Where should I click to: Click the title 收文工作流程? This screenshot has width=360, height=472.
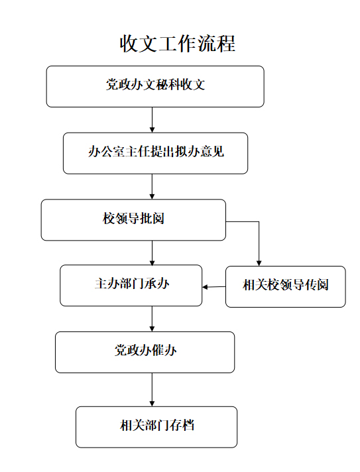coord(177,44)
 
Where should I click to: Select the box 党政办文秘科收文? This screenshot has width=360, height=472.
coord(155,86)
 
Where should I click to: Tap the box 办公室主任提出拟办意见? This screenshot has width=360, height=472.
coord(155,153)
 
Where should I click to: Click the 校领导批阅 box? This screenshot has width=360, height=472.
coord(133,219)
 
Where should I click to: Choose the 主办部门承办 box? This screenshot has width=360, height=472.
coord(131,285)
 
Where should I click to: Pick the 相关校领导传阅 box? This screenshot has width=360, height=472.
coord(286,286)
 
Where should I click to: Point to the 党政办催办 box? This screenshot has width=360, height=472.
coord(145,352)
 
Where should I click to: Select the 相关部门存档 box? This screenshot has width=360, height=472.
coord(156,427)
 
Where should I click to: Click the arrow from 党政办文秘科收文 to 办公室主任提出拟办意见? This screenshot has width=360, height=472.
coord(152,120)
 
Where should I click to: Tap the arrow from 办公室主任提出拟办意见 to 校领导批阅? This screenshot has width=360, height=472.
coord(152,187)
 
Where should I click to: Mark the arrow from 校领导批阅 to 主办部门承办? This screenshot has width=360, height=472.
coord(152,253)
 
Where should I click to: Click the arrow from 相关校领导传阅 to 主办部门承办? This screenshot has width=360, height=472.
coord(214,287)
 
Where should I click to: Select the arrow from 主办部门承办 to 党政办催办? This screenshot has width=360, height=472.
coord(152,319)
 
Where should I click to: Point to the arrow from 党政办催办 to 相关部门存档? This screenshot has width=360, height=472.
coord(152,390)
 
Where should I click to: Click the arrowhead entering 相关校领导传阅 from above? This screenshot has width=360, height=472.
coord(259,263)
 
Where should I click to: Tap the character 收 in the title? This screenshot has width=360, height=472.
coord(129,44)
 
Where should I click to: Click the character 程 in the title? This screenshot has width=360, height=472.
coord(226,44)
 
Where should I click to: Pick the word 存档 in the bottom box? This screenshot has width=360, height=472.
coord(182,426)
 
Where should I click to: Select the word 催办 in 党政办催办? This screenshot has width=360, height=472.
coord(164,351)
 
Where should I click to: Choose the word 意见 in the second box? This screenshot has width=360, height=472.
coord(212,151)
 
